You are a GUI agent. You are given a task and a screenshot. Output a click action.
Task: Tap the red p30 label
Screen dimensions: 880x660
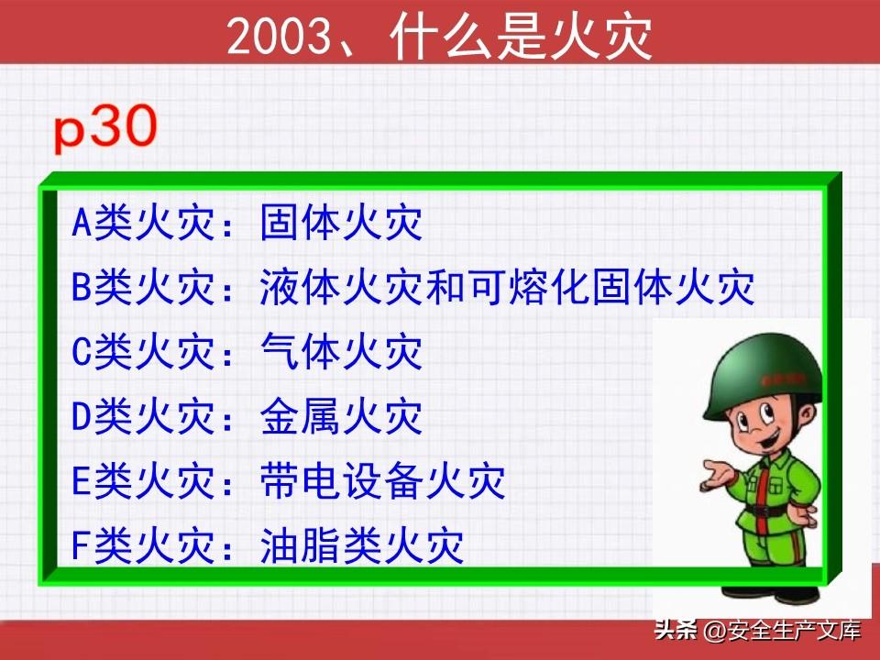tap(104, 128)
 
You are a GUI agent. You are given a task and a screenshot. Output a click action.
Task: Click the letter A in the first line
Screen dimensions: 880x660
tap(82, 222)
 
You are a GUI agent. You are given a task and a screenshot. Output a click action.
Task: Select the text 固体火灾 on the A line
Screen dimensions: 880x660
tap(341, 222)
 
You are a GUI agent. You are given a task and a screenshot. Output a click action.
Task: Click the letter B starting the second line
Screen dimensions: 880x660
tap(82, 287)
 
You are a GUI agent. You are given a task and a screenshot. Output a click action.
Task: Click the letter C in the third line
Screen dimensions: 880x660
tap(82, 352)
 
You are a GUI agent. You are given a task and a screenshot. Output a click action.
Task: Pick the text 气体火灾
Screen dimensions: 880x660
tap(341, 351)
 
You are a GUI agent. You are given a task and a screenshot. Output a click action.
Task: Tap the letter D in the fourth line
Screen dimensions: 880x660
tap(82, 416)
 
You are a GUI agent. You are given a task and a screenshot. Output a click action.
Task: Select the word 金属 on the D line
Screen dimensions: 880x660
tap(300, 416)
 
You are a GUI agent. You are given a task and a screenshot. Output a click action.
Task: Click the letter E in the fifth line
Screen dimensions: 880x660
tap(82, 481)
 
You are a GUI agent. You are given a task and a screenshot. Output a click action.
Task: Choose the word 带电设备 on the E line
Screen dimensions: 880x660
tap(341, 481)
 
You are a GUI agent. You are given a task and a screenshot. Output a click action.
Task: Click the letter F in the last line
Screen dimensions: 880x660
tap(82, 545)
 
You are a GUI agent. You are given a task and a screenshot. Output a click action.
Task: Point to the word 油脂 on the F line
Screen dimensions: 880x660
tap(300, 545)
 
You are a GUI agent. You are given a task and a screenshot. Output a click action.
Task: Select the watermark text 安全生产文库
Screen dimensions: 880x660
tap(795, 631)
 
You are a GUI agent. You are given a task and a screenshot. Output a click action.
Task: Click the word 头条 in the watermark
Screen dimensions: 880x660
tap(676, 631)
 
